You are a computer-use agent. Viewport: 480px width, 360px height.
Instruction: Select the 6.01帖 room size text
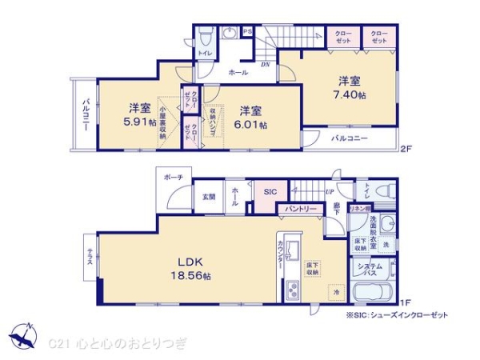(250, 118)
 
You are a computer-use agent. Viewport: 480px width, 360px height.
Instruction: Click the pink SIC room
(270, 191)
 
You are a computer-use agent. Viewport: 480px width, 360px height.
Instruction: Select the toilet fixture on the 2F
(206, 37)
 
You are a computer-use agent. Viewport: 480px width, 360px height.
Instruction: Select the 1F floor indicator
(405, 302)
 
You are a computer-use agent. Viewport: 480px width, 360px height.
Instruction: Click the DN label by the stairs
(264, 64)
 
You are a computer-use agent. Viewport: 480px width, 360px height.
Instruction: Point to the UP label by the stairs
(330, 192)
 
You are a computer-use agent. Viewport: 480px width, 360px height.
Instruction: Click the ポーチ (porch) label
(174, 178)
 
